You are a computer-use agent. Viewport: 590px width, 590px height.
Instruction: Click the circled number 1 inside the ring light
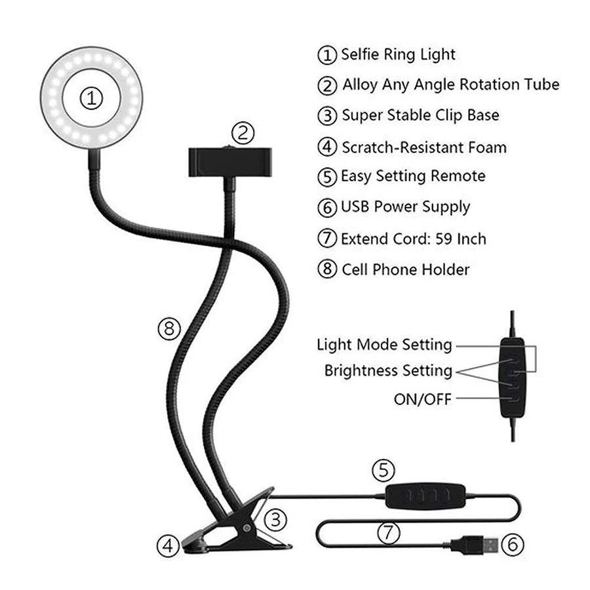coord(91,98)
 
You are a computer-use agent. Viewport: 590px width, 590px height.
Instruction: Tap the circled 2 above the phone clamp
coord(243,133)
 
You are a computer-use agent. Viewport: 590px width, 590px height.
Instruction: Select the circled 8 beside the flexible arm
coord(169,329)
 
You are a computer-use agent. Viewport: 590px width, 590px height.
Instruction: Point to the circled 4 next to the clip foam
coord(168,545)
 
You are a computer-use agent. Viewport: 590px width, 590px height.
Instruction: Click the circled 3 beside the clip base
coord(276,521)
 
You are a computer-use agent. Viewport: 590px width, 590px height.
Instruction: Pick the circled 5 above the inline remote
coord(383,470)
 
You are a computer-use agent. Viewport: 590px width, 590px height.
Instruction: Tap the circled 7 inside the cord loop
coord(388,533)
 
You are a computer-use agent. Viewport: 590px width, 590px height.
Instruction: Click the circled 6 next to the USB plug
coord(513,545)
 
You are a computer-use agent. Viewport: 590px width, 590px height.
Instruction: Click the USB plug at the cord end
coord(475,545)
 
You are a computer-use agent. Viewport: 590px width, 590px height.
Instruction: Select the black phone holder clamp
coord(230,162)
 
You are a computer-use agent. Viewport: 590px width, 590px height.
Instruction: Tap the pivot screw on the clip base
coord(246,528)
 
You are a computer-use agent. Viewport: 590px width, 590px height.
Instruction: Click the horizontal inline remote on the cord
coord(425,496)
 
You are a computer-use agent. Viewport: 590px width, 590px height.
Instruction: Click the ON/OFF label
coord(423,399)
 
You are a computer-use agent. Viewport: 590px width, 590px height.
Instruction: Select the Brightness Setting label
coord(388,370)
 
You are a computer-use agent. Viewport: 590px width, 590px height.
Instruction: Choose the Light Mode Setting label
coord(384,345)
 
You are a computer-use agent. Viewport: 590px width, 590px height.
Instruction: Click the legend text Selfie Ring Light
coord(398,54)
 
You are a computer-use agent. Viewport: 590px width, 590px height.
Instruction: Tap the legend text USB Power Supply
coord(406,207)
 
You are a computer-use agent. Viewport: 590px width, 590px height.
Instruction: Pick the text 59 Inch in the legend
coord(461,239)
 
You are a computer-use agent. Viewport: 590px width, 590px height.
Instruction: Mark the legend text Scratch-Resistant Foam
coord(424,147)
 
